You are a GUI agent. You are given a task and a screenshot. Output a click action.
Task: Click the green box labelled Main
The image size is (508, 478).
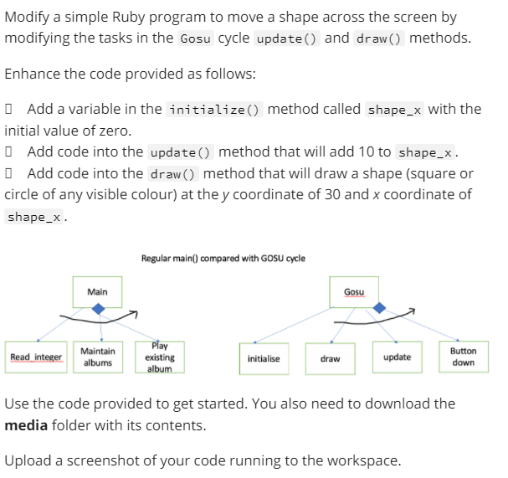(x=97, y=291)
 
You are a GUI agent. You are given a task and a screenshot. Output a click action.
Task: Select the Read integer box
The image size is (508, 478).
(x=36, y=357)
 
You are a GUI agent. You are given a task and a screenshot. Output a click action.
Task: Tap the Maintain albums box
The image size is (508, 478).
(x=98, y=357)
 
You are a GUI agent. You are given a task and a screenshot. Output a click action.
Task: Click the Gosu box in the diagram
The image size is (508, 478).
(x=355, y=291)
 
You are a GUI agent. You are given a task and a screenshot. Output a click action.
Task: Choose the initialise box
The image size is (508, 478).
(x=264, y=358)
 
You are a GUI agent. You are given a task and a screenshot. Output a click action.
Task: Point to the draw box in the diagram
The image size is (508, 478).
(x=330, y=358)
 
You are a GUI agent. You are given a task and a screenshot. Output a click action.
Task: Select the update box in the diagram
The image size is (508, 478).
(x=397, y=357)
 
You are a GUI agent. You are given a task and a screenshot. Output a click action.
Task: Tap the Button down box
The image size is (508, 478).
(x=463, y=357)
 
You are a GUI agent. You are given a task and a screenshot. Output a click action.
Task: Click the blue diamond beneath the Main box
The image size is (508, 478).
(x=100, y=310)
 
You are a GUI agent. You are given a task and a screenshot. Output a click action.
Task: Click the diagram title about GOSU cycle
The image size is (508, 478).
(x=223, y=259)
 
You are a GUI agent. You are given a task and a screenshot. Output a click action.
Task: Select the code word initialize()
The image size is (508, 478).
(x=215, y=110)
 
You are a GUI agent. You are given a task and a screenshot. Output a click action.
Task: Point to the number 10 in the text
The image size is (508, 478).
(x=384, y=152)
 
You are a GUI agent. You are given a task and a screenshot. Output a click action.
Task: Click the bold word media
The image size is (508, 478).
(x=26, y=424)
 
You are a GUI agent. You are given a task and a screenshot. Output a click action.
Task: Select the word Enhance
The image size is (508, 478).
(x=33, y=73)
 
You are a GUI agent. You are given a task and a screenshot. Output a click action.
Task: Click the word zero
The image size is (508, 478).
(x=115, y=131)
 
